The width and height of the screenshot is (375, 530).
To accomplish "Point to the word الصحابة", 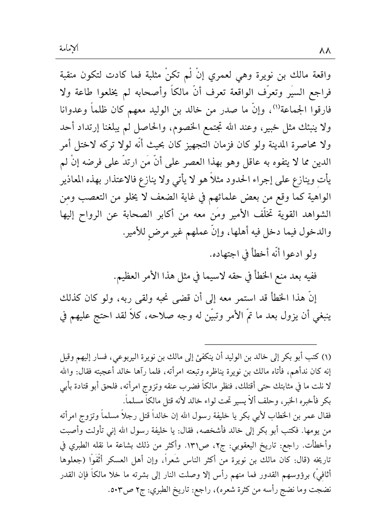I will [165, 204].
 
